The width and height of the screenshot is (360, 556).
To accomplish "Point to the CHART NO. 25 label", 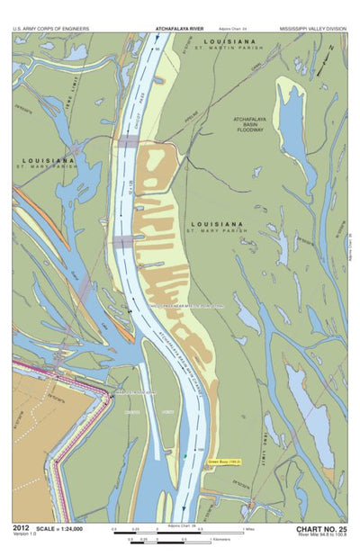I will click(320, 529).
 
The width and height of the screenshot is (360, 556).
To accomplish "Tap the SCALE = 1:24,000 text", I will click(65, 529).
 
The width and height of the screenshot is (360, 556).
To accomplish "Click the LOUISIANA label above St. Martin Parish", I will click(229, 41).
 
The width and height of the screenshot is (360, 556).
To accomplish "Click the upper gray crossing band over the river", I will click(126, 142).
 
